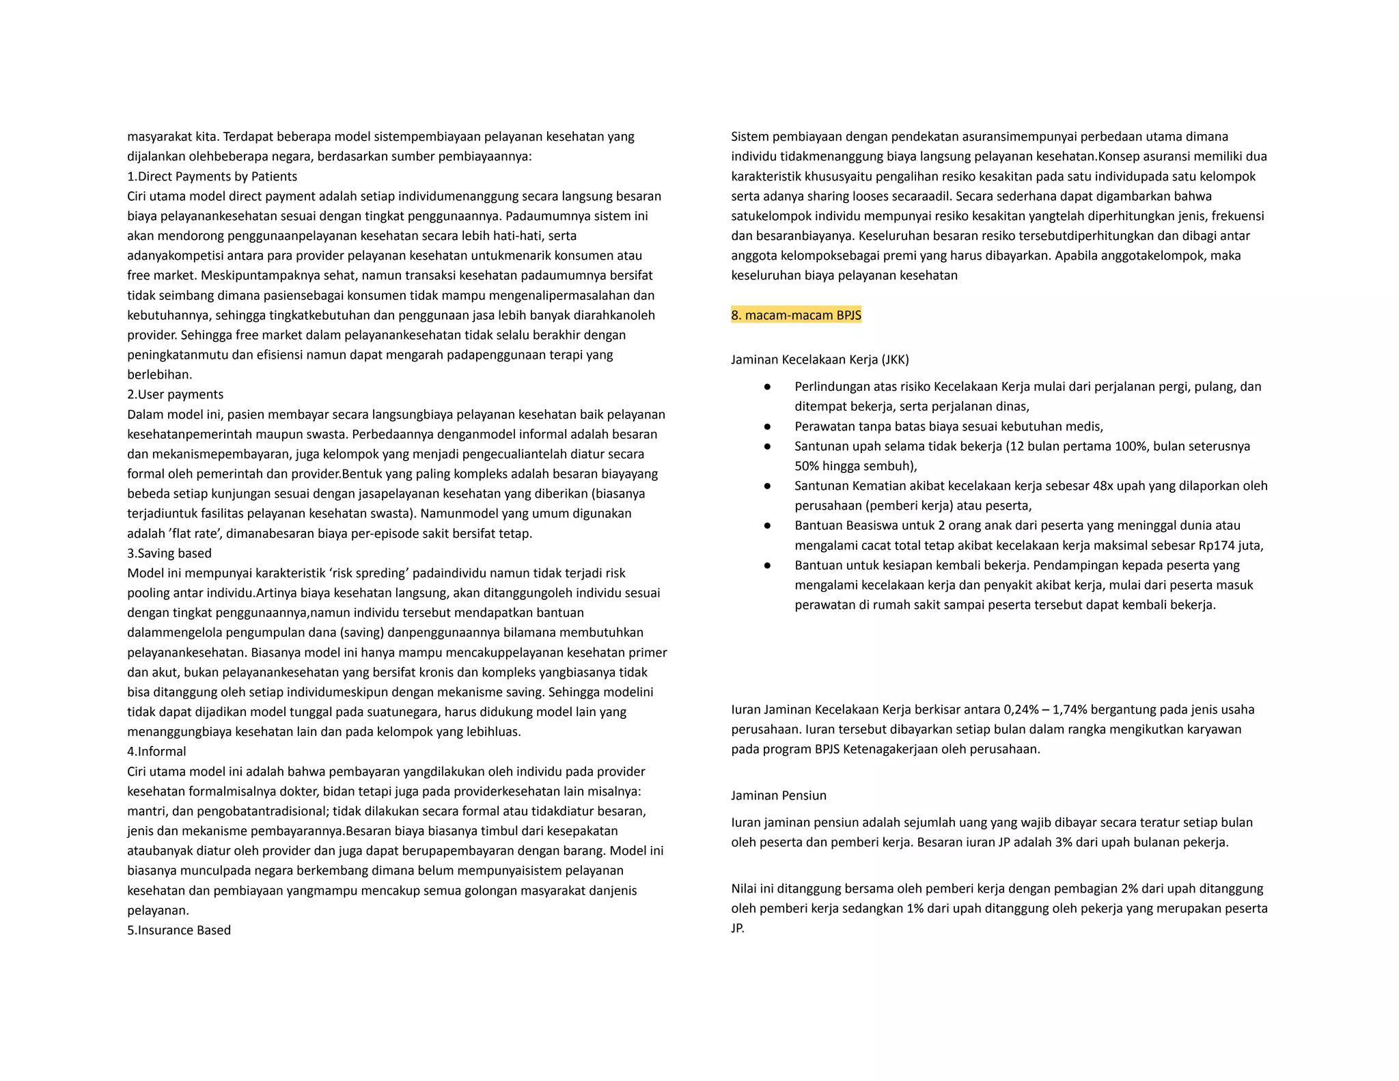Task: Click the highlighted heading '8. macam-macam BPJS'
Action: tap(796, 315)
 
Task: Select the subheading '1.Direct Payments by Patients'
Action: tap(212, 176)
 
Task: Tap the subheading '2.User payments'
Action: tap(175, 394)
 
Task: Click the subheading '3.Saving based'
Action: tap(169, 553)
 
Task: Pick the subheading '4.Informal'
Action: tap(156, 751)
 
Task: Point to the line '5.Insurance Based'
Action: tap(179, 930)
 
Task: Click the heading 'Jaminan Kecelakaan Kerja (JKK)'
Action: tap(820, 359)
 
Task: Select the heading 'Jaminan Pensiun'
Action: tap(779, 795)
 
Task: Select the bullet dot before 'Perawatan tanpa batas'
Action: tap(767, 426)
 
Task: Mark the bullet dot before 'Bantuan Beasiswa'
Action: tap(767, 525)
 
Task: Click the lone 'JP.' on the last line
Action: tap(738, 928)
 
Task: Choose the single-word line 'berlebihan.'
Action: tap(160, 374)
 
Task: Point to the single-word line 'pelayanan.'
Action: tap(158, 910)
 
